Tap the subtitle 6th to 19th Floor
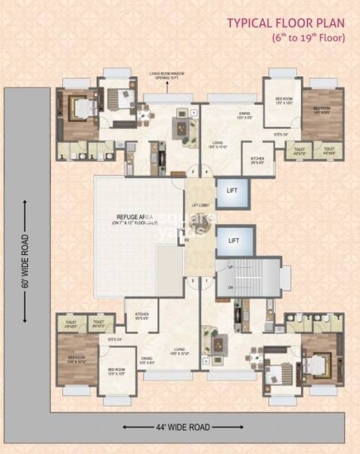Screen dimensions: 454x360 [307, 38]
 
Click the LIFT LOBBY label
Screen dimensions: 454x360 [200, 204]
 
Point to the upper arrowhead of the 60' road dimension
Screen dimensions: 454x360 [25, 203]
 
